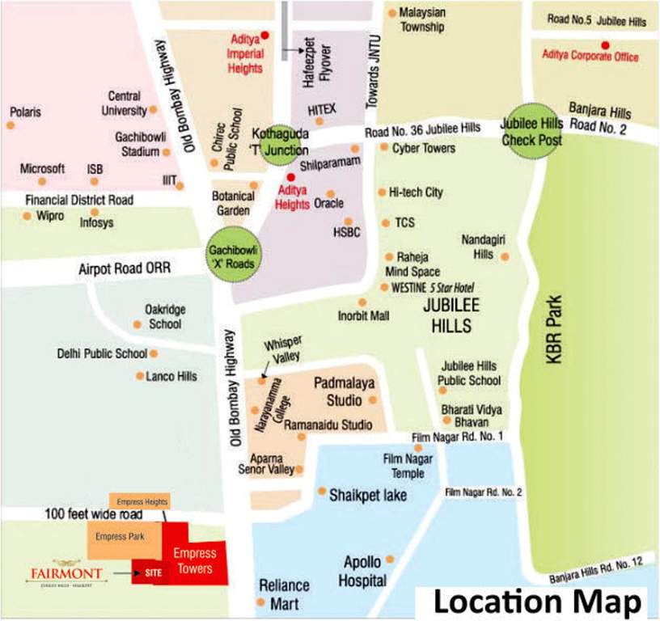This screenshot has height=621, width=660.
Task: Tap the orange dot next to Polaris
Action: point(11,126)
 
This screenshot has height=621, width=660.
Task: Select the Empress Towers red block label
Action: point(195,560)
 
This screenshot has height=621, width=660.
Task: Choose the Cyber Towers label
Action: point(423,148)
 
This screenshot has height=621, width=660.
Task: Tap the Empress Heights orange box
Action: point(142,501)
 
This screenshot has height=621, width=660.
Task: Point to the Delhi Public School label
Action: point(102,353)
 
